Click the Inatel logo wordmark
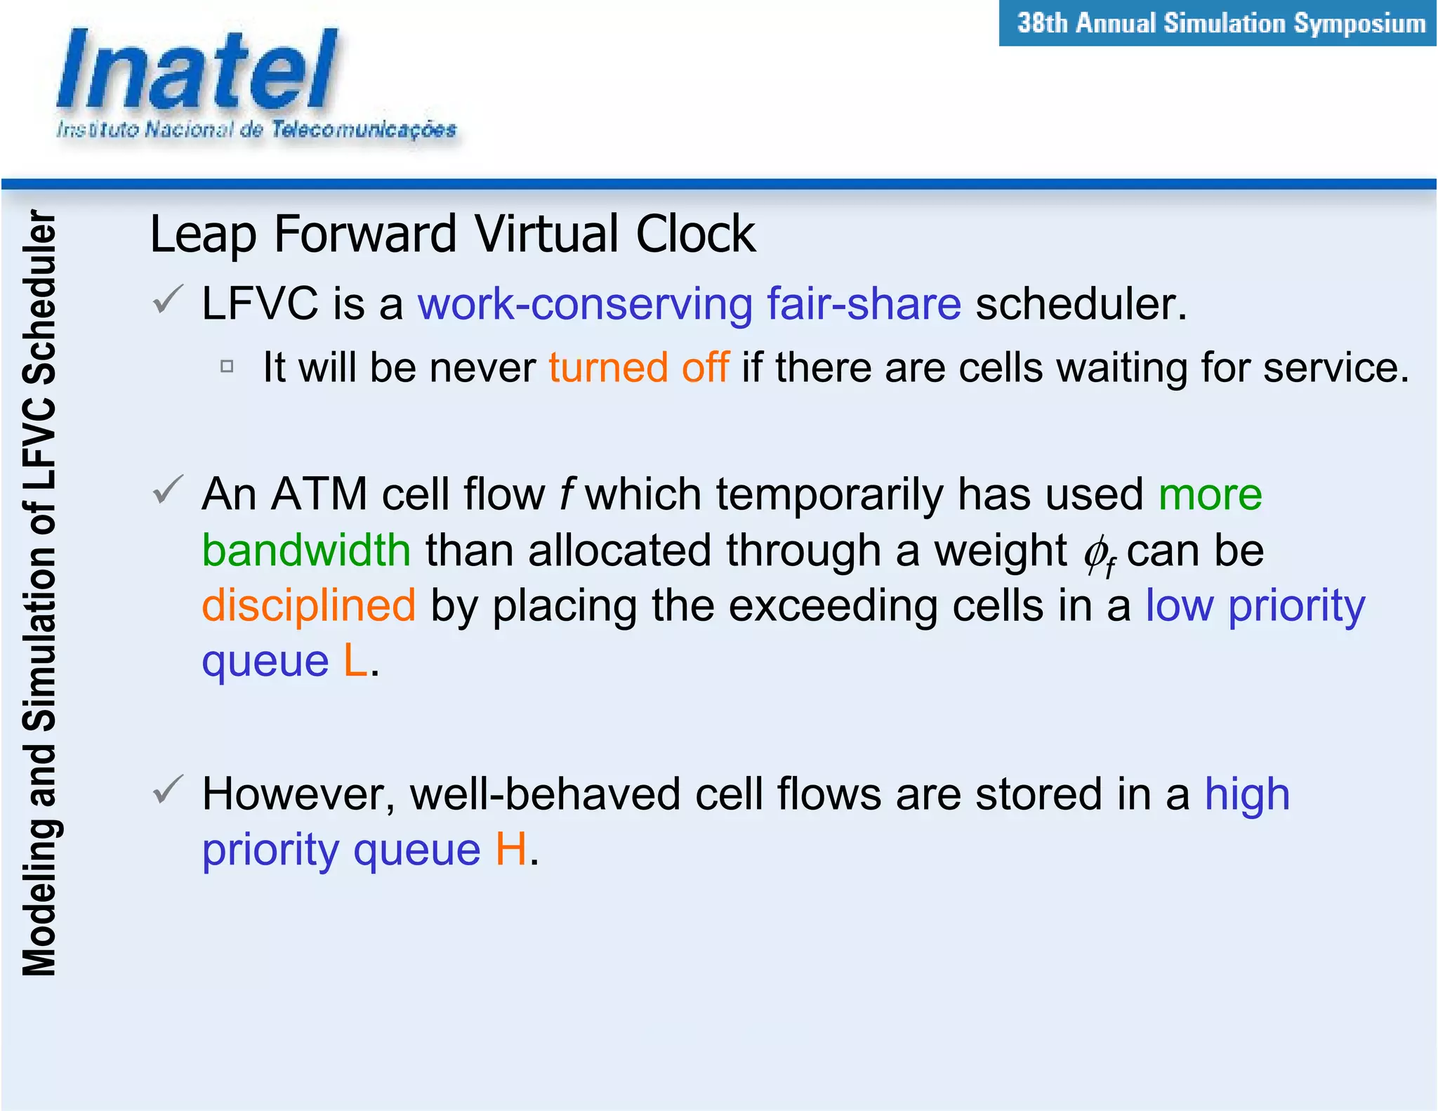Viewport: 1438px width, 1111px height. [x=197, y=70]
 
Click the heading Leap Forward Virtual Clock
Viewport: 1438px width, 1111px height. [x=452, y=234]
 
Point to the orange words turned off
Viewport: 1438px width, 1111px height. [x=638, y=367]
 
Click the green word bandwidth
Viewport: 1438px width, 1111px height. [x=306, y=550]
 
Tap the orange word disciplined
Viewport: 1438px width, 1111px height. [x=309, y=605]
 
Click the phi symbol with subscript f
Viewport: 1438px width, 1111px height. [x=1097, y=555]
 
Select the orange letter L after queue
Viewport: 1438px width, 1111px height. [x=355, y=661]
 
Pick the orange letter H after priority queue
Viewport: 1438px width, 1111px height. [x=510, y=850]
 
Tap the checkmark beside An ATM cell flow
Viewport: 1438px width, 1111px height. [x=168, y=489]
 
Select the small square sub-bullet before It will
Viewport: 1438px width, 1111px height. [x=227, y=366]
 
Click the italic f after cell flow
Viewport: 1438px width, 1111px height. [x=566, y=494]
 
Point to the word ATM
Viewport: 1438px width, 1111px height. [x=319, y=494]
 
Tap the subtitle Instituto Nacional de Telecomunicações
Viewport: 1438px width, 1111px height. [x=256, y=130]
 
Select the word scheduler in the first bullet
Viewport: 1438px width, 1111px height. [x=1080, y=304]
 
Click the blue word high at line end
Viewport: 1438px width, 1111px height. [x=1247, y=794]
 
